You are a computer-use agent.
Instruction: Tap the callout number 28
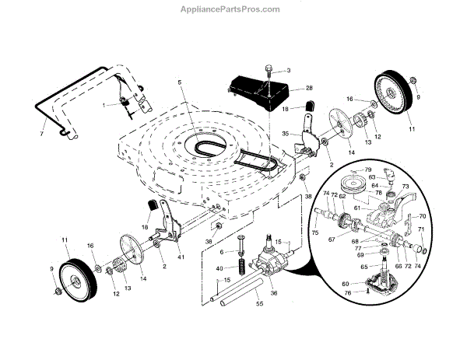[x=287, y=89]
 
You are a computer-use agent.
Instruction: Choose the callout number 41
[x=181, y=256]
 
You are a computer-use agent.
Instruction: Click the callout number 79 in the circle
[x=368, y=170]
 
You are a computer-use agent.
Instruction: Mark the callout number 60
[x=346, y=285]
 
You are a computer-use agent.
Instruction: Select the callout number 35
[x=285, y=134]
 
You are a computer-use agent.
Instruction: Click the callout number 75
[x=314, y=232]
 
